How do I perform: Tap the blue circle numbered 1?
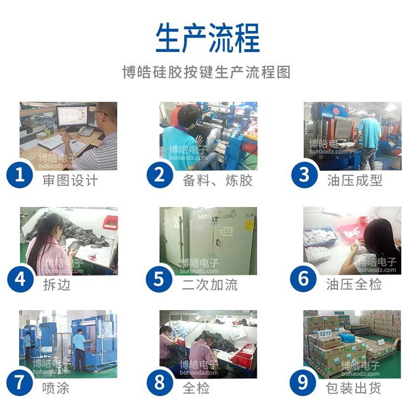[20, 175]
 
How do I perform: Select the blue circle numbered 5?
[160, 279]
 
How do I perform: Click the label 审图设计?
[70, 181]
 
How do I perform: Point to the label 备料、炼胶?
[217, 181]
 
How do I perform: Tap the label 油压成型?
[354, 181]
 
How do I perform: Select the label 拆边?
[56, 285]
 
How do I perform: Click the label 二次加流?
[210, 285]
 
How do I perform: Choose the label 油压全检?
[354, 285]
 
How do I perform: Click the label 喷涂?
[56, 388]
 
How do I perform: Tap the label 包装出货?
[354, 388]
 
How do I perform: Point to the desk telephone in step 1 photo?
[85, 132]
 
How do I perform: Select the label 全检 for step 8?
[196, 388]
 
